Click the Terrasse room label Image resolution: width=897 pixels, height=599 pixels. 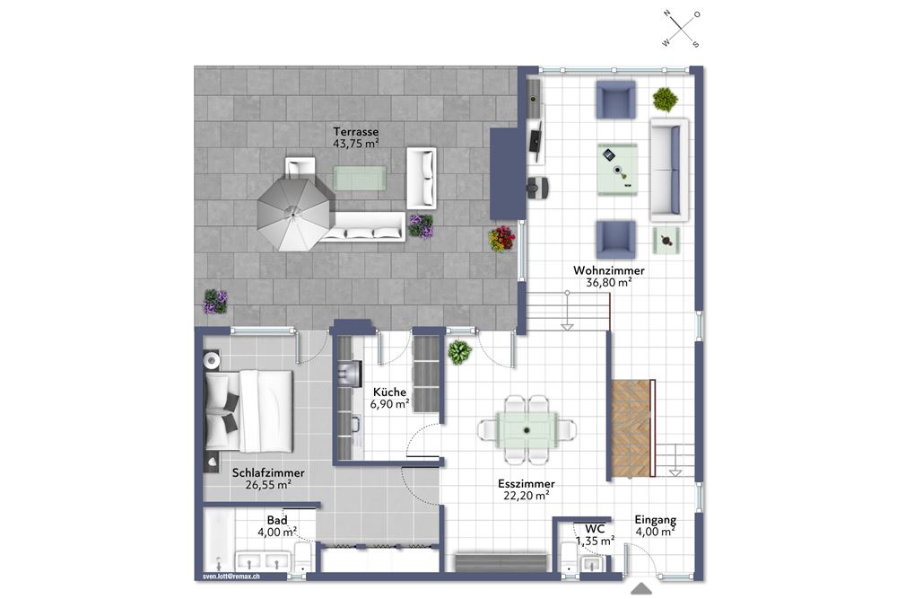(356, 132)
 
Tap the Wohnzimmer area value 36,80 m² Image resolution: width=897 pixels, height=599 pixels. (609, 282)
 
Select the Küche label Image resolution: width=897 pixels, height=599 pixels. (389, 392)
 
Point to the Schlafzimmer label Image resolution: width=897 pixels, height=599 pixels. (268, 473)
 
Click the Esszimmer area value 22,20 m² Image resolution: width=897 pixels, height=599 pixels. (527, 496)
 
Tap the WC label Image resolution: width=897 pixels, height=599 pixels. (595, 529)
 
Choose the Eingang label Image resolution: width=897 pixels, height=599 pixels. (656, 520)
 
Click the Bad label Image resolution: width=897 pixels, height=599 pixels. (277, 521)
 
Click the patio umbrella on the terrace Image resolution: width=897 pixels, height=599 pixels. (294, 215)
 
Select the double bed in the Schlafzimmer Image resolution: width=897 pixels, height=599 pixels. (249, 410)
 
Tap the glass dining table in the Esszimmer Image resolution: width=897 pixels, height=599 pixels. (527, 429)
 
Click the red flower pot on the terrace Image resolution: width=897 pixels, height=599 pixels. (501, 239)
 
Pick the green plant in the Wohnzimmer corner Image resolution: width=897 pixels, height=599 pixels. (666, 100)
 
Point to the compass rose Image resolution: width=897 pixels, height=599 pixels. (682, 29)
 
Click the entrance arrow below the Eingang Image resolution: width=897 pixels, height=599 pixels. (642, 589)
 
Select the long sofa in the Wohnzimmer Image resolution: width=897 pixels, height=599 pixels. (669, 170)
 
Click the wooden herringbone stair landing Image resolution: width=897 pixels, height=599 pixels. (630, 428)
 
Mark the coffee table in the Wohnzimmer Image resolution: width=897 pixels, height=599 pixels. (618, 170)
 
